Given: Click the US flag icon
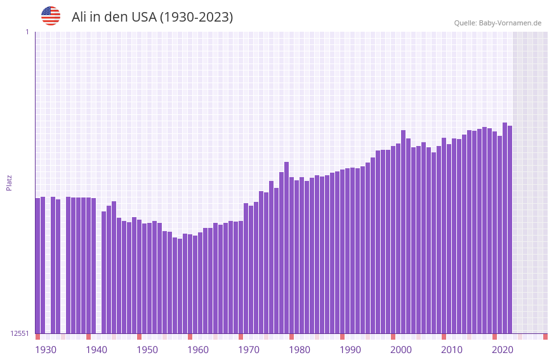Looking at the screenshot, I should [x=51, y=16].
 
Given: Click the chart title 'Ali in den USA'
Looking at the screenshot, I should [x=152, y=17].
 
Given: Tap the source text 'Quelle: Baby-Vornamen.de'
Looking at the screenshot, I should [x=498, y=23].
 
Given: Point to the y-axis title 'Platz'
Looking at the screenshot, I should [x=9, y=182].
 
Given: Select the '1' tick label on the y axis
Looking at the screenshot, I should [x=27, y=32].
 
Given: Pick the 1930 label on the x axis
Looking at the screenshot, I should [x=46, y=350].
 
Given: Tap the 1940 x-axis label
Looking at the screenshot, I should [x=96, y=350].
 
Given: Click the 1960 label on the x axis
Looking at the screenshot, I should [x=198, y=350].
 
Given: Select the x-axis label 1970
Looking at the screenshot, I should [x=249, y=350].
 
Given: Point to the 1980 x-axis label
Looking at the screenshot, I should [x=300, y=350].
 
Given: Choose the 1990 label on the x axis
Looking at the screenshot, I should [x=350, y=350].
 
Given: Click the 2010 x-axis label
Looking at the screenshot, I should [x=452, y=350].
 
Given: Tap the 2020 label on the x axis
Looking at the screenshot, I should [x=503, y=350].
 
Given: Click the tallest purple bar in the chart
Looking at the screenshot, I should [x=505, y=229].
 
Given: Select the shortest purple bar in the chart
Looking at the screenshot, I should [x=180, y=286].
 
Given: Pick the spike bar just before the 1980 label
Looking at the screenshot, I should [x=286, y=248].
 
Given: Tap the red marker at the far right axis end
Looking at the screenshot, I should [x=545, y=337].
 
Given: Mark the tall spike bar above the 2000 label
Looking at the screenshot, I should [x=403, y=232].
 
